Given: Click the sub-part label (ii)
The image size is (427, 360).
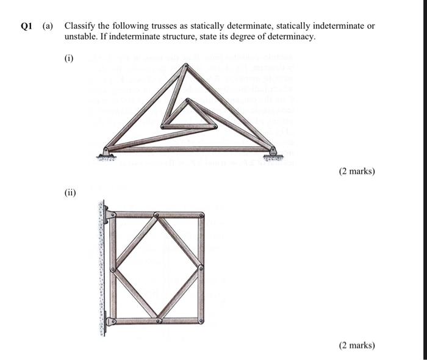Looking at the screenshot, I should click(x=70, y=193).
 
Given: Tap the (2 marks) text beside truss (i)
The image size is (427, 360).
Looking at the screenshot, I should click(x=357, y=171).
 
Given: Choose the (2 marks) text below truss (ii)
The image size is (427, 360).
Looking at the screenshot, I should click(x=357, y=345).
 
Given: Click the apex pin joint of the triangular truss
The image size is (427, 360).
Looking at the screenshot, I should click(x=182, y=65).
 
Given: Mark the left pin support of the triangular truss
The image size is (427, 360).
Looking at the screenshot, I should click(x=106, y=150).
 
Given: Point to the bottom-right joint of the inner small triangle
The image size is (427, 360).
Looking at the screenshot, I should click(x=215, y=126).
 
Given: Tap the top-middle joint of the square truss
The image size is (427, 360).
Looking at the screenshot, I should click(x=157, y=215).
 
